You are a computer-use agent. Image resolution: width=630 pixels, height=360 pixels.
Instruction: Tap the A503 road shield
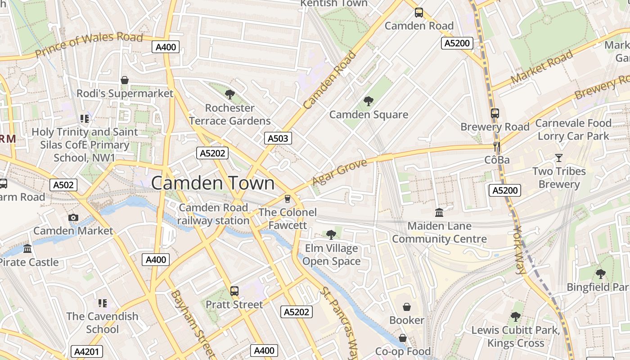pyautogui.click(x=278, y=138)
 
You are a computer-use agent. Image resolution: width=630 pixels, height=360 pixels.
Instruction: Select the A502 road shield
pyautogui.click(x=63, y=184)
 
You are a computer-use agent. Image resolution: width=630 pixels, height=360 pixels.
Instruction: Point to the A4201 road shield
pyautogui.click(x=87, y=351)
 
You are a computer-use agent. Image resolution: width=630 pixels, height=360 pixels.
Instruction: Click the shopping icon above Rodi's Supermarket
pyautogui.click(x=125, y=80)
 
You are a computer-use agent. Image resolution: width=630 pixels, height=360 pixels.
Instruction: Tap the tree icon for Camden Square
pyautogui.click(x=369, y=101)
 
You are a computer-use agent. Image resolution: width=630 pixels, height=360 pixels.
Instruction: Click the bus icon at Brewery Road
pyautogui.click(x=495, y=113)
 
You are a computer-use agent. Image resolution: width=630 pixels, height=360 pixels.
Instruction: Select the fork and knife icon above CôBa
pyautogui.click(x=497, y=146)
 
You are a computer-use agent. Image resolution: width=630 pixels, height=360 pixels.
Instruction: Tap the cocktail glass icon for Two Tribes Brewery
pyautogui.click(x=559, y=158)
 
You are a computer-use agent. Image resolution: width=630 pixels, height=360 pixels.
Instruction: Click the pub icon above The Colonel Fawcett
pyautogui.click(x=288, y=198)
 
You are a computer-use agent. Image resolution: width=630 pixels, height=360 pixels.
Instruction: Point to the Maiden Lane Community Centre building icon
pyautogui.click(x=439, y=212)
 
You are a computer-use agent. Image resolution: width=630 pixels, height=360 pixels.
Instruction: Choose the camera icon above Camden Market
pyautogui.click(x=73, y=218)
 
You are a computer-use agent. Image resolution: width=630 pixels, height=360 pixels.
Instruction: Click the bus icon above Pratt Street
pyautogui.click(x=234, y=291)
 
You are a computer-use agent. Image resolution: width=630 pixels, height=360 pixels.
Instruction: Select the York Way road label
pyautogui.click(x=519, y=249)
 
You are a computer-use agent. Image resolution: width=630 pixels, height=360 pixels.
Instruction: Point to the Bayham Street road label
pyautogui.click(x=192, y=322)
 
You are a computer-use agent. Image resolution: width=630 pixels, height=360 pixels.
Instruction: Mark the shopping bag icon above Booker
pyautogui.click(x=407, y=307)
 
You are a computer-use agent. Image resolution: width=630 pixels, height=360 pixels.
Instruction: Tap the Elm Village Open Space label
pyautogui.click(x=332, y=255)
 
